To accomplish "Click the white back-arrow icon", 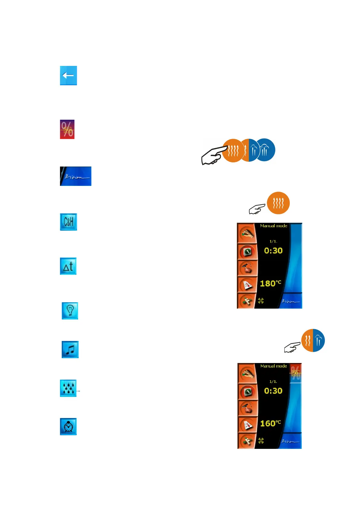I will tap(68, 76).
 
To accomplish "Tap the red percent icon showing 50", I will tap(67, 129).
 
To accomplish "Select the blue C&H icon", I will tap(68, 222).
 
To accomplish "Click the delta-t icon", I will tap(68, 266).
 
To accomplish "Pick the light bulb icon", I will tap(70, 310).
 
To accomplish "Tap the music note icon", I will tap(70, 349).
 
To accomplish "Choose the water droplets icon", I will tap(68, 388).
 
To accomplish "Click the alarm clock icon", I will tap(68, 426).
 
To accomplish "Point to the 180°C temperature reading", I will tap(270, 284).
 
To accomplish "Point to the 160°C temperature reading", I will tap(270, 423).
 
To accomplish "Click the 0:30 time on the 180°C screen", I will tap(273, 251).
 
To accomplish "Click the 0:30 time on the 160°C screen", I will tap(273, 391).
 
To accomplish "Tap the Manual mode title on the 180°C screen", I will tap(273, 226).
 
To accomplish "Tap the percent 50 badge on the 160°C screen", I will tap(296, 373).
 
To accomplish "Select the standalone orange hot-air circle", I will tap(278, 203).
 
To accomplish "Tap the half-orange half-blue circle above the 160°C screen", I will tap(313, 340).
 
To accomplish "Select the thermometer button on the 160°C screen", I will tap(247, 425).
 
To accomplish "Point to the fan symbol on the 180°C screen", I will tap(261, 301).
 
